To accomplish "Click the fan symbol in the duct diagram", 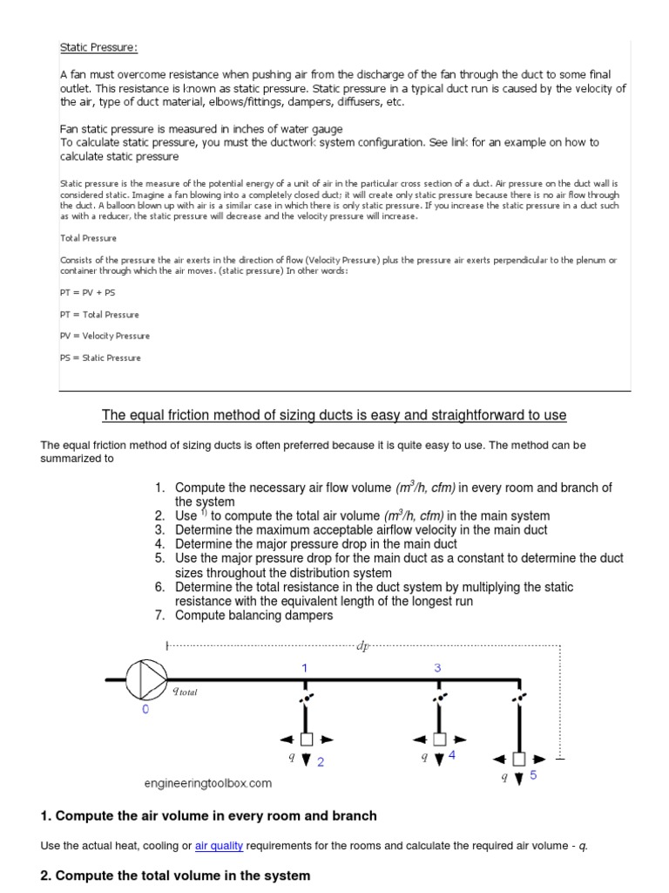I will click(145, 678).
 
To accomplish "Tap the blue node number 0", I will click(145, 710).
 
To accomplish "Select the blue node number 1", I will click(305, 667).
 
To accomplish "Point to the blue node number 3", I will click(438, 667).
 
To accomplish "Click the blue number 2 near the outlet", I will click(321, 761).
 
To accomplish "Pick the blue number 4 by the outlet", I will click(451, 755).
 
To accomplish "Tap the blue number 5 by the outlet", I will click(532, 775).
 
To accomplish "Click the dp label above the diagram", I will click(362, 645).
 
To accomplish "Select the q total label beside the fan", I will click(186, 691).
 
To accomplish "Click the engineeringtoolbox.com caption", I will click(207, 783).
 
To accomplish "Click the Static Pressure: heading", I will click(98, 47).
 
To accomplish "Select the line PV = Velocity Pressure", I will click(105, 336).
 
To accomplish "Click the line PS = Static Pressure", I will click(99, 358).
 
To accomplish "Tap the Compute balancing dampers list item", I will click(253, 615).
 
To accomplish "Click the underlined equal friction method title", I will click(334, 414).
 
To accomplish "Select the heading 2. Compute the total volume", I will click(175, 875).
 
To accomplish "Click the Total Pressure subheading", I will click(88, 237).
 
